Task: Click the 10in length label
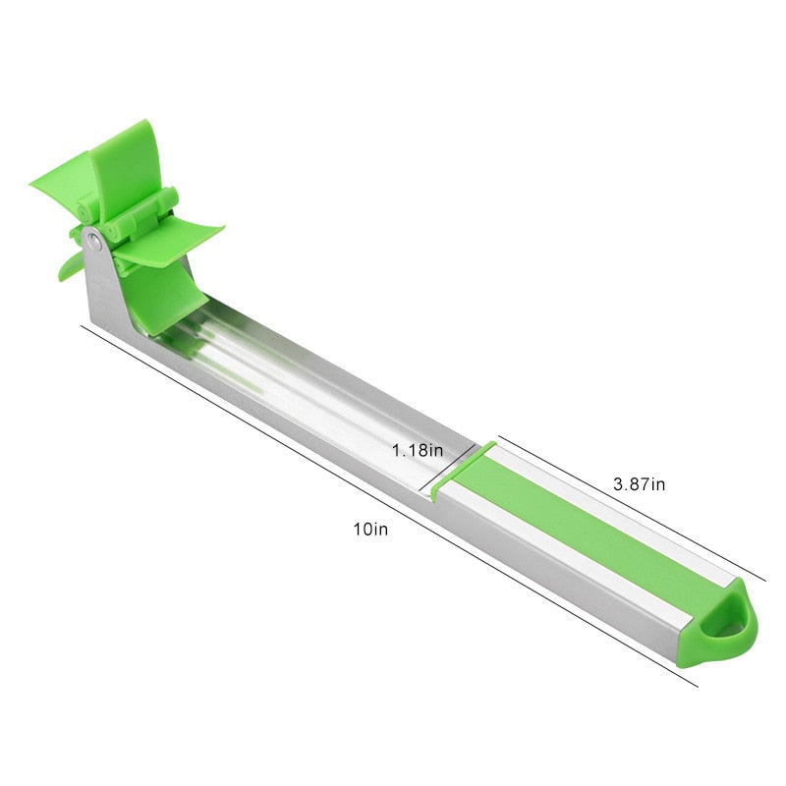tap(371, 529)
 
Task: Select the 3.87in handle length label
tap(640, 483)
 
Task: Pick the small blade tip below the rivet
tap(71, 265)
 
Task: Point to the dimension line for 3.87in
tap(629, 506)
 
